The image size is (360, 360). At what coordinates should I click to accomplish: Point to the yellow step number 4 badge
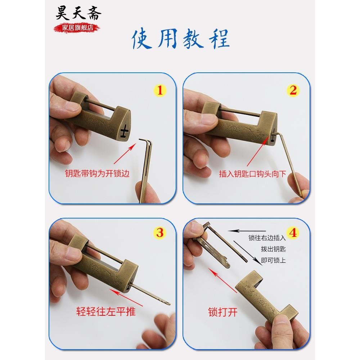click(293, 233)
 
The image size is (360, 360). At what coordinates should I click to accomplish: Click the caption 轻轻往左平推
click(106, 311)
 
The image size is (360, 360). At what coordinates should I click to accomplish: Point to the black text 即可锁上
click(274, 260)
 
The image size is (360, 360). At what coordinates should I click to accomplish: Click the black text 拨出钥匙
click(274, 249)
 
